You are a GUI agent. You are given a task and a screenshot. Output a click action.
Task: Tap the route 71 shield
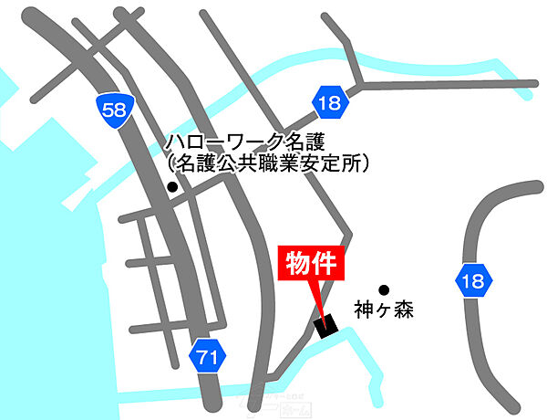(207, 358)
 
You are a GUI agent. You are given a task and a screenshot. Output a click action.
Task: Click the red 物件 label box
(309, 266)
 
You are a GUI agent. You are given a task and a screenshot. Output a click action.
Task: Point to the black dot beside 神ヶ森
(385, 288)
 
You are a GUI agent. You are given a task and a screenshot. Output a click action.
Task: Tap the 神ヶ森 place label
(385, 310)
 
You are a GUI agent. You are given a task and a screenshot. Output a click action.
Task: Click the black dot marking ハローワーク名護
(171, 188)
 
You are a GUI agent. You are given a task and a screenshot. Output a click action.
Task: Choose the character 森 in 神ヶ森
(404, 310)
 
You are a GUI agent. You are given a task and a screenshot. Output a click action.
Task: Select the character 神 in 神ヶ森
(366, 310)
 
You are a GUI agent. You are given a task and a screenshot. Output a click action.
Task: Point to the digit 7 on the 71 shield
(202, 358)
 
